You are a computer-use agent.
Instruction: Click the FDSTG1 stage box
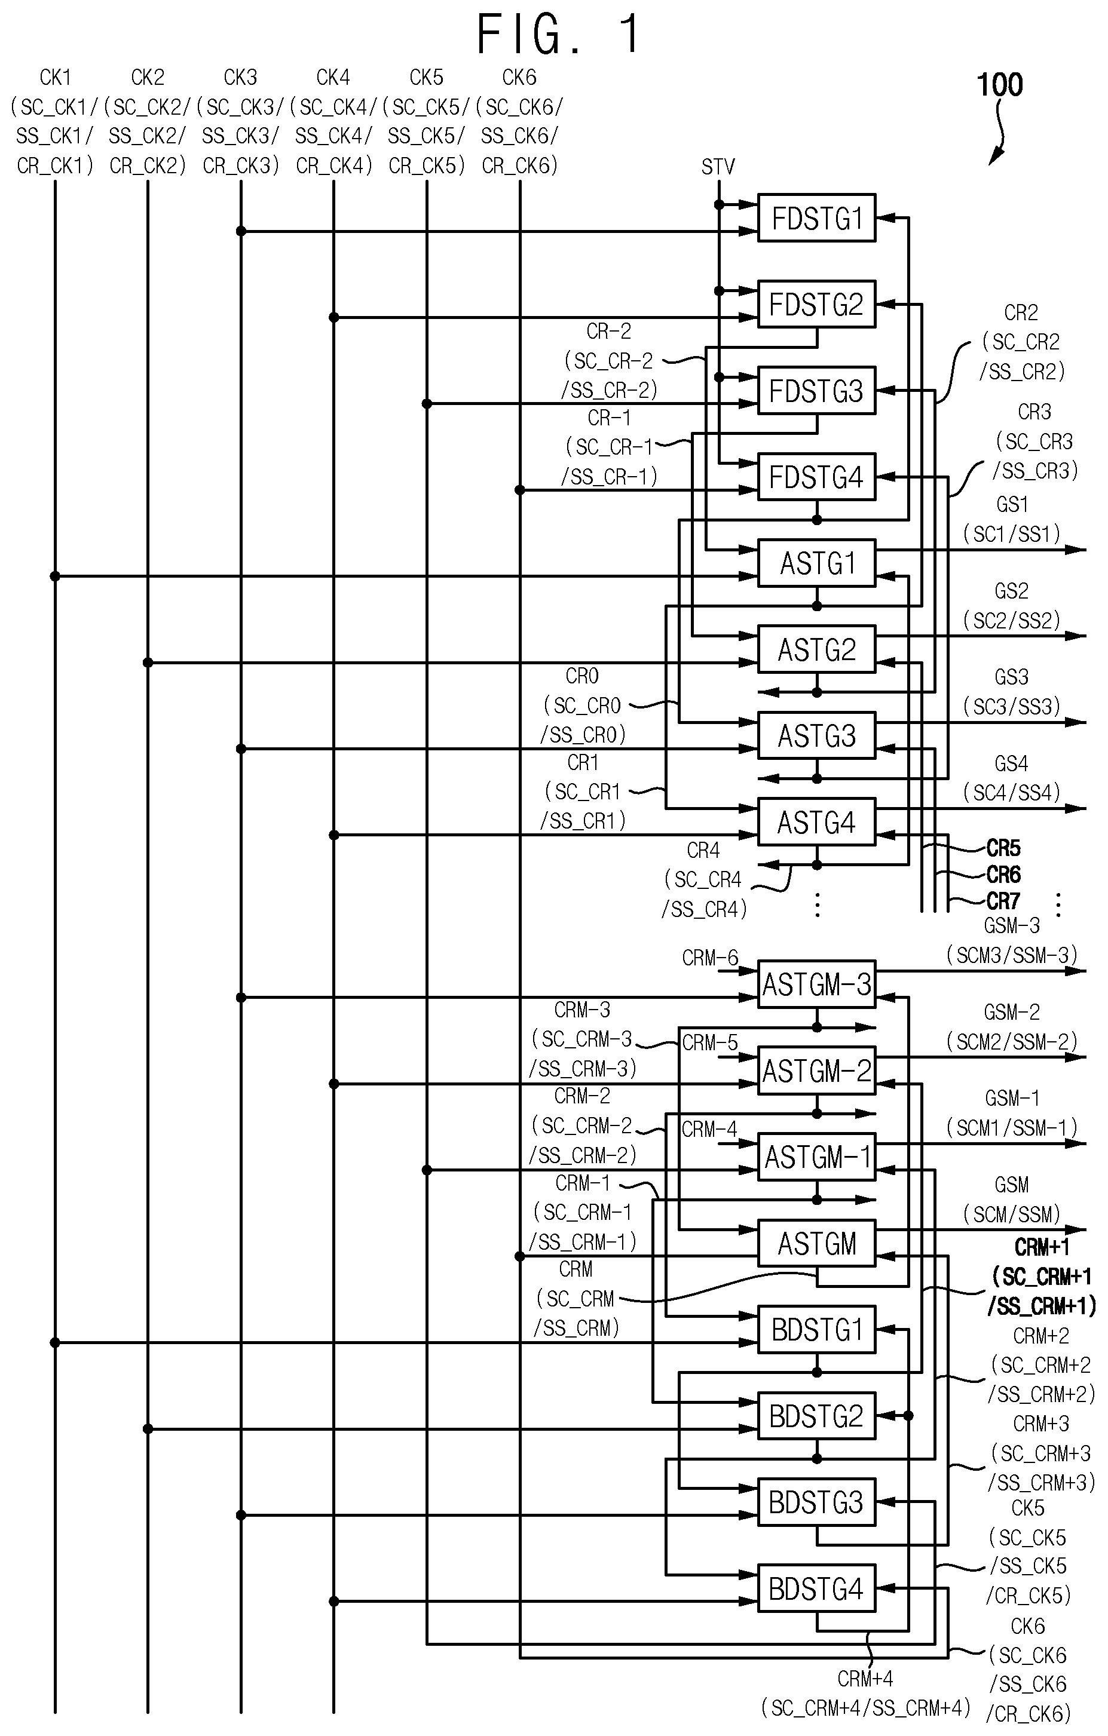coord(816,217)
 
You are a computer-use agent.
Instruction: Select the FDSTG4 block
coord(816,477)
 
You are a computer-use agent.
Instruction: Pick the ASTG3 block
coord(816,735)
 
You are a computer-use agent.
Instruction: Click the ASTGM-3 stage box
coord(816,984)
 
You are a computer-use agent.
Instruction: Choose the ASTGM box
coord(816,1243)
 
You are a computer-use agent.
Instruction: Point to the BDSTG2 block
coord(816,1416)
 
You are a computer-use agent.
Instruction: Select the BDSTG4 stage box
coord(816,1588)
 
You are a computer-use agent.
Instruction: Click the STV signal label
coord(718,167)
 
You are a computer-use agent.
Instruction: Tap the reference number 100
coord(1000,85)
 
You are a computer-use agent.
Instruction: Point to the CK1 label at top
coord(56,77)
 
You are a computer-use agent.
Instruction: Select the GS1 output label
coord(1011,505)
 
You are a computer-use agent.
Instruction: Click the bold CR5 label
coord(1003,848)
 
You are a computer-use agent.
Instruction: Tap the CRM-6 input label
coord(710,958)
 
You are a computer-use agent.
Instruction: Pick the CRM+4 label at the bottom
coord(865,1679)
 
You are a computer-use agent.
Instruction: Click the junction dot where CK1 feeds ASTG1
coord(55,576)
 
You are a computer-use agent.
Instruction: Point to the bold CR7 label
coord(1003,901)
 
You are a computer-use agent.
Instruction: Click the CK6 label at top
coord(519,77)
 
